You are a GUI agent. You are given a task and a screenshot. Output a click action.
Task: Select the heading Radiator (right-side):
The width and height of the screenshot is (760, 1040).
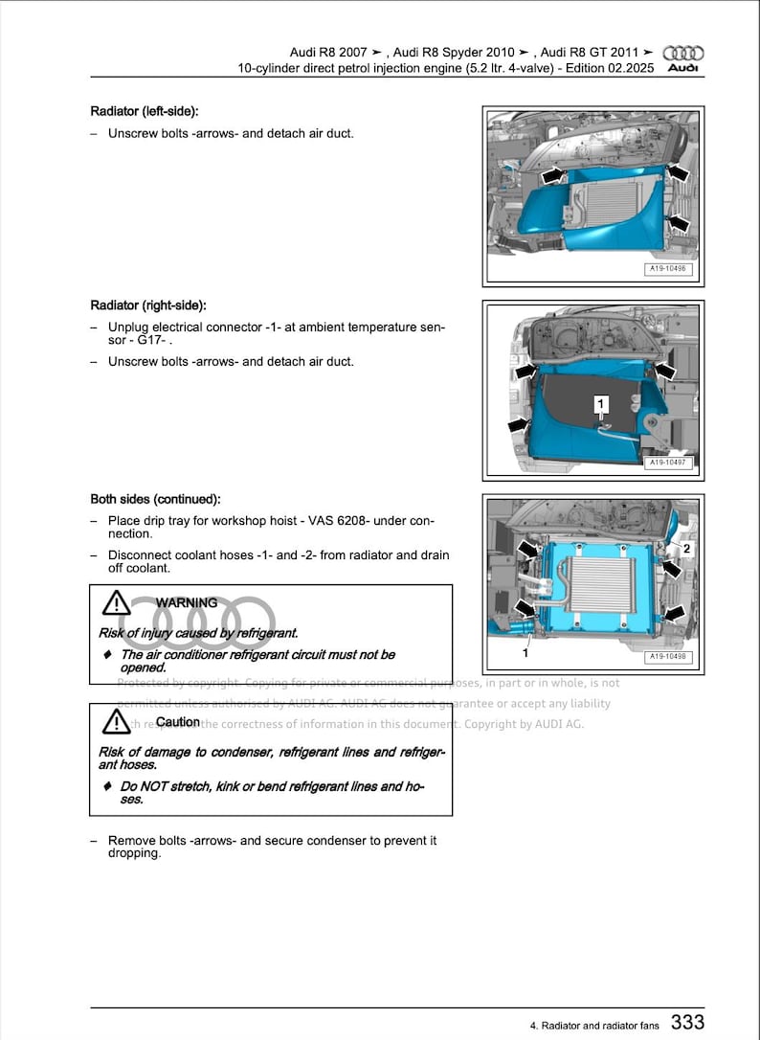pyautogui.click(x=148, y=305)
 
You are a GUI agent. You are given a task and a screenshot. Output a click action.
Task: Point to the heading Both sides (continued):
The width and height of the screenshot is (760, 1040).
pyautogui.click(x=155, y=499)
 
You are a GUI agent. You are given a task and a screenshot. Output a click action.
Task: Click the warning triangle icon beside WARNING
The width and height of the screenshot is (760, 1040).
pyautogui.click(x=116, y=603)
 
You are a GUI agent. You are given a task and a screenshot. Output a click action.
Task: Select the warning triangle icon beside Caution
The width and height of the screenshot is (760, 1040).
pyautogui.click(x=116, y=721)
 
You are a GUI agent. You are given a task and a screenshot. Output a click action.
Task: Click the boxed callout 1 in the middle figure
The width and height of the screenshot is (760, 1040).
pyautogui.click(x=600, y=404)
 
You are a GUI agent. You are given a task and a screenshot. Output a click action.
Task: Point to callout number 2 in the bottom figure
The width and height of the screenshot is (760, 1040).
pyautogui.click(x=686, y=550)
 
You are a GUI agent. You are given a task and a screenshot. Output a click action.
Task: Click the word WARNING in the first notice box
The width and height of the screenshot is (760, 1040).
pyautogui.click(x=187, y=603)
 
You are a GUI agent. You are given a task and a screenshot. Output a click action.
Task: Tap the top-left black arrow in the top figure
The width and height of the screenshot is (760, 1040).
pyautogui.click(x=551, y=177)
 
